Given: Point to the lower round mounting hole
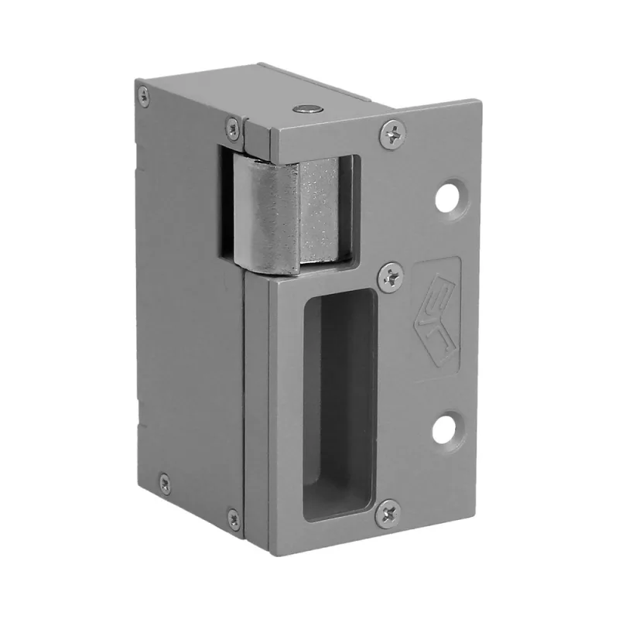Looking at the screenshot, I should (443, 429).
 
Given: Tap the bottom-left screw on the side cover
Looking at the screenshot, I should (164, 482).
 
